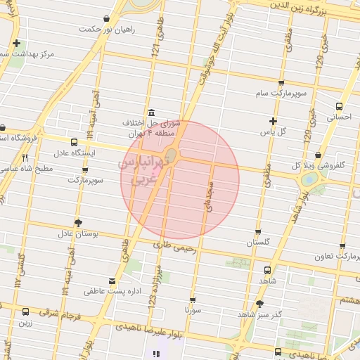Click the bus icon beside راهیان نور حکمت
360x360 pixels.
(105, 18)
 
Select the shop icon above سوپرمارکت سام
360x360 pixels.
(282, 81)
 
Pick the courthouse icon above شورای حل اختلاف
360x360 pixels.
(151, 113)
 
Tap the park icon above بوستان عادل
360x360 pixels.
(77, 221)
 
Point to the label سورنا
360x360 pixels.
(193, 309)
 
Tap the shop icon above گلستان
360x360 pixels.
(258, 231)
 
